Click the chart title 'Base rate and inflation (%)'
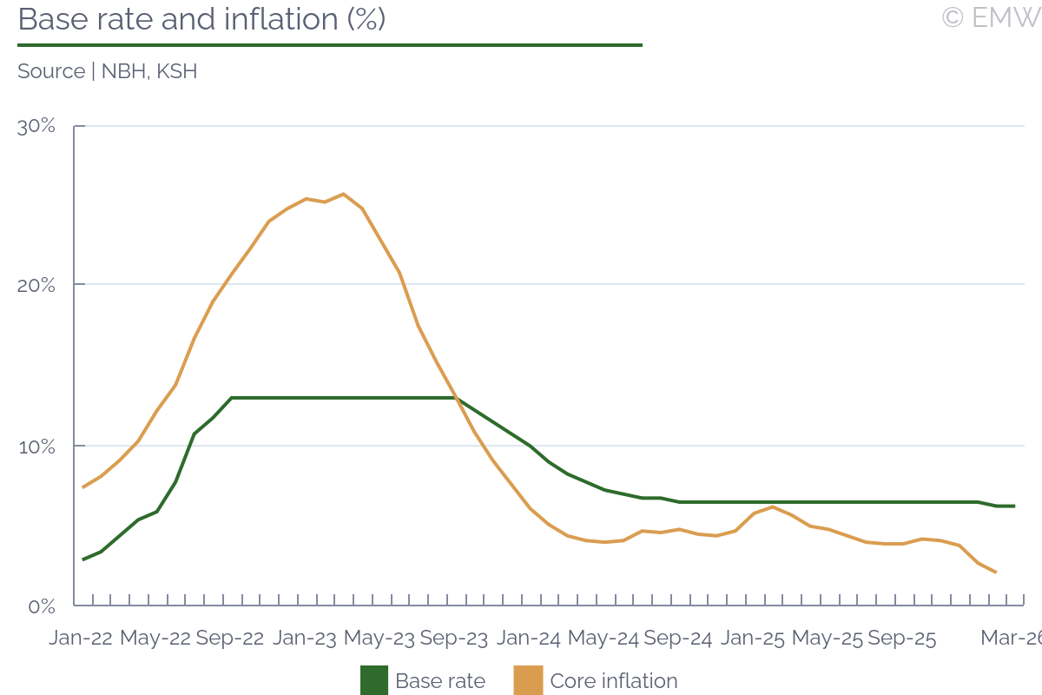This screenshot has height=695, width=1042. (x=201, y=19)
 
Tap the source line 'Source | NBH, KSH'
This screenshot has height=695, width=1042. (x=107, y=71)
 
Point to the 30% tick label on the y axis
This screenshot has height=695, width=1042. (x=36, y=126)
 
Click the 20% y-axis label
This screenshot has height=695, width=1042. (x=36, y=285)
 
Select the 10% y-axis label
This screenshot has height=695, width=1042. (x=36, y=447)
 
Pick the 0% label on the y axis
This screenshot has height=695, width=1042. (x=42, y=606)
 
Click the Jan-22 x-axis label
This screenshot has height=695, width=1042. (x=81, y=639)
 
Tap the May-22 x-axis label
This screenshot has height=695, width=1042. (x=155, y=639)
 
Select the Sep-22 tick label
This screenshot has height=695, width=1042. (x=230, y=639)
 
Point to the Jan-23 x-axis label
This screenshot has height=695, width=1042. (x=305, y=639)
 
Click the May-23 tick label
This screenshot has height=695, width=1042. (x=379, y=639)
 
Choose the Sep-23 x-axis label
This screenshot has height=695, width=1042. (x=454, y=639)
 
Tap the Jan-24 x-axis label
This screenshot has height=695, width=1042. (x=529, y=639)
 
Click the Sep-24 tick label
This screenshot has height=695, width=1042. (x=678, y=639)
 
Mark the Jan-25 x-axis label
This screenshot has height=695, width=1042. (x=753, y=639)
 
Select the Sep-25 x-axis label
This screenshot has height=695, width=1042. (x=902, y=639)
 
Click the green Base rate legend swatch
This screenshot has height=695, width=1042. (x=374, y=681)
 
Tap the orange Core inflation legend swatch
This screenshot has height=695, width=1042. (x=528, y=681)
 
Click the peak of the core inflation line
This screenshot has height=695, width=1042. (x=343, y=194)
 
